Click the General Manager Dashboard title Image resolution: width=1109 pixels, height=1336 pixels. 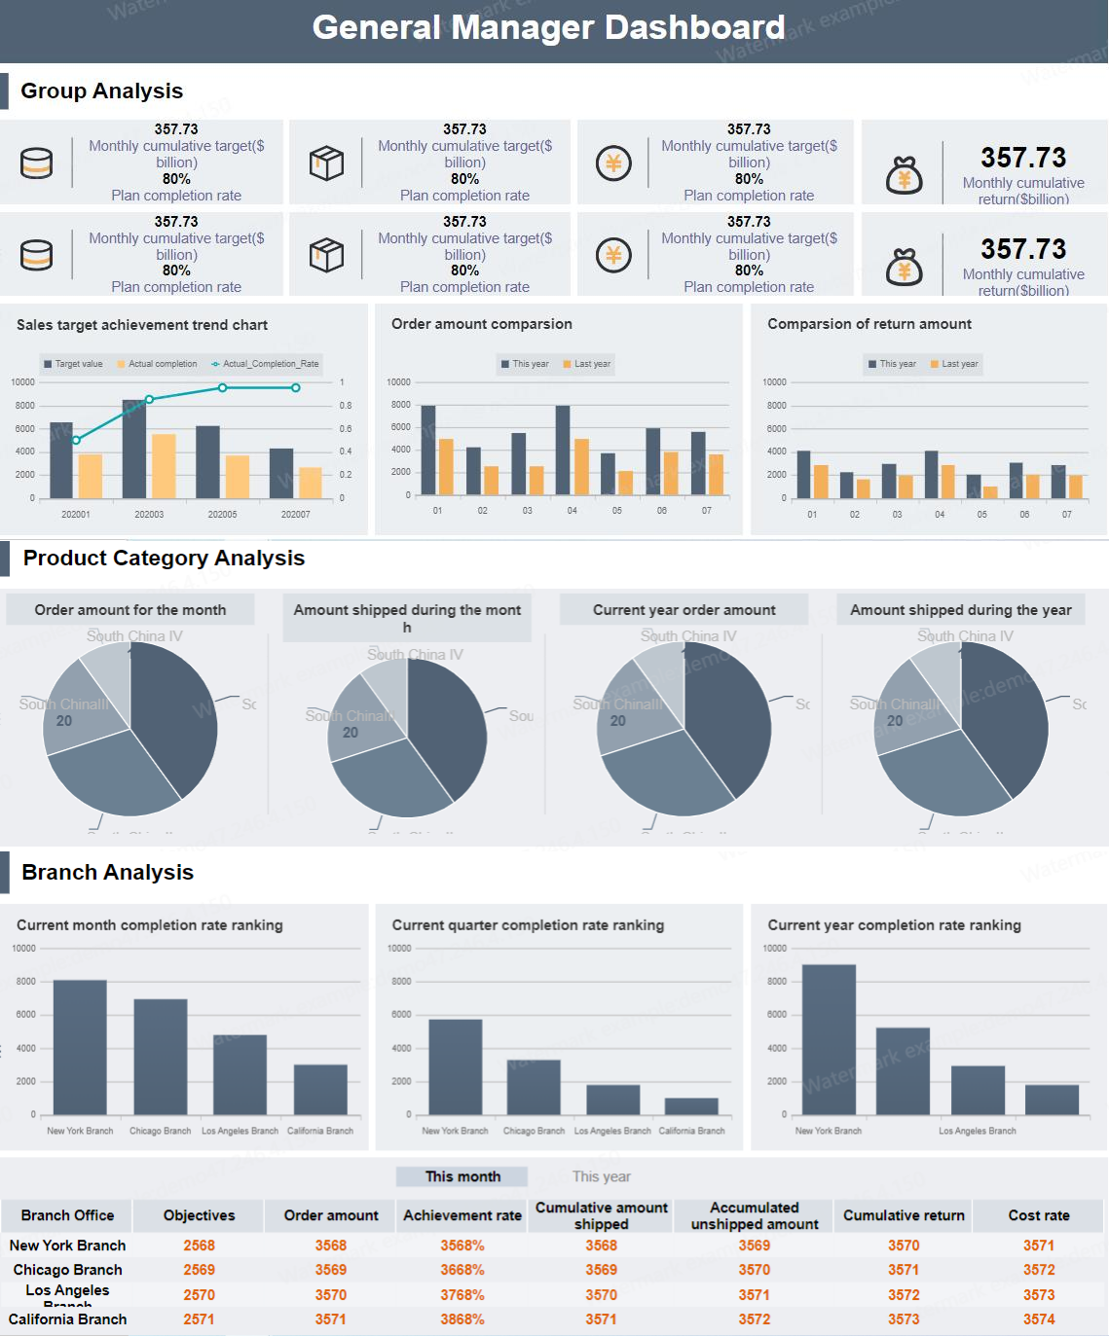[x=548, y=27]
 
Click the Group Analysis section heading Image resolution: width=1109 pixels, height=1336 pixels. [x=101, y=90]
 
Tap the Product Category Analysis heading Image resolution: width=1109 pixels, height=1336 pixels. [x=164, y=558]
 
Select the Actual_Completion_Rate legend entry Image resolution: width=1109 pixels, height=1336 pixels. [x=265, y=364]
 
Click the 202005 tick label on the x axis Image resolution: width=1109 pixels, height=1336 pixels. [x=222, y=514]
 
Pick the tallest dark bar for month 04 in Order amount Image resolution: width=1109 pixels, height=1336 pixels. [x=563, y=450]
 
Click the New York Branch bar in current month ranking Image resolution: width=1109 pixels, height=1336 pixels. [x=80, y=1047]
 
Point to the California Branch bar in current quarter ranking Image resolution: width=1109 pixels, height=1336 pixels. [x=691, y=1106]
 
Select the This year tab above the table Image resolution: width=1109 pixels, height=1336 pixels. [x=601, y=1176]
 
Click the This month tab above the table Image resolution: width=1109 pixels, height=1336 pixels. [x=462, y=1176]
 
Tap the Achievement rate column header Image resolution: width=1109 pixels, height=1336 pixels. [x=462, y=1215]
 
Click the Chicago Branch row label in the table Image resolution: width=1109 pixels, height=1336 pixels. [x=67, y=1270]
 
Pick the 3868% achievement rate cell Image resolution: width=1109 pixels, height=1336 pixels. [x=462, y=1319]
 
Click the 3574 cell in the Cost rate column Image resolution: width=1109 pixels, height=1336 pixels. [x=1039, y=1319]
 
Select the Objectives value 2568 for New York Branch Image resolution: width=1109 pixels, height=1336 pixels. [x=199, y=1246]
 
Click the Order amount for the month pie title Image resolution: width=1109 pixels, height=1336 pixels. [x=130, y=610]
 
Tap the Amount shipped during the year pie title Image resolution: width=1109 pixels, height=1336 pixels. [x=960, y=610]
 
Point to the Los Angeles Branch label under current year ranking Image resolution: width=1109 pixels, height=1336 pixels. [x=977, y=1131]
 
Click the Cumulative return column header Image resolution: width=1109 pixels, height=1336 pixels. [x=904, y=1215]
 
